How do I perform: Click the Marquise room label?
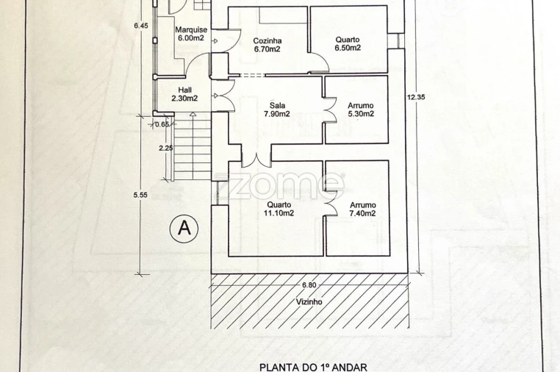pos(191,34)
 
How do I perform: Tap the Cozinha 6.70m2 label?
pos(268,45)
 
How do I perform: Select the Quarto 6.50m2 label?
pos(348,43)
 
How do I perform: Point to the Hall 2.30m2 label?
pos(184,94)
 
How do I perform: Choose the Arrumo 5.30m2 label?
pos(361,110)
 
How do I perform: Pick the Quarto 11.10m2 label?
pos(279,209)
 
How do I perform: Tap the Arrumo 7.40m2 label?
pos(362,210)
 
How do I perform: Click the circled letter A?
pos(184,228)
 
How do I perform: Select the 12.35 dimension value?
pos(416,97)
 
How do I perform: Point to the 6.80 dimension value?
pos(309,285)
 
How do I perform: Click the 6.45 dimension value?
pos(141,26)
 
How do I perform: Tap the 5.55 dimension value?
pos(140,195)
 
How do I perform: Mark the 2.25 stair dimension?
pos(166,148)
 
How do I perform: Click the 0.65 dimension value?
pos(162,124)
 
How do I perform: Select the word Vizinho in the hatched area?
pos(309,302)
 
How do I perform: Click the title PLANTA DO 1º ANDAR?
pos(313,368)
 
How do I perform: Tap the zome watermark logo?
pos(280,185)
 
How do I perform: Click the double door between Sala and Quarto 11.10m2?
pos(256,160)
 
